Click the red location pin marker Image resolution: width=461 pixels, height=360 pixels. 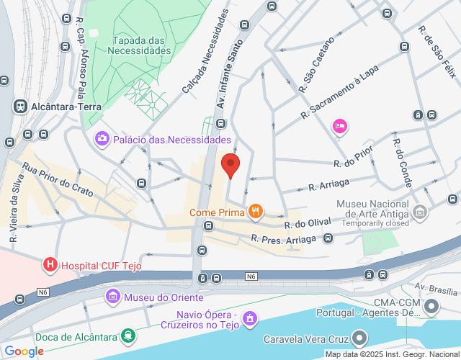230,165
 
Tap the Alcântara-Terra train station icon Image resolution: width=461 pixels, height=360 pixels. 20,106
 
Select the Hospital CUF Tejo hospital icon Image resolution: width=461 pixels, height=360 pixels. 50,265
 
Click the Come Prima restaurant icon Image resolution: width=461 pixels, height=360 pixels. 254,212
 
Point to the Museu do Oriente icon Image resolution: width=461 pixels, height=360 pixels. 112,297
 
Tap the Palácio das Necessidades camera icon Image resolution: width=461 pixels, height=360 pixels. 102,139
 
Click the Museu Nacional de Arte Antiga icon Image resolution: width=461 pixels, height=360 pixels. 421,212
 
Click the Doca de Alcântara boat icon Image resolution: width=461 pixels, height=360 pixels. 128,335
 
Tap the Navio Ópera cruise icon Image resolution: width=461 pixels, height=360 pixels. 249,317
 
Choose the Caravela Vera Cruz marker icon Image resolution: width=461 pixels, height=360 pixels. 359,338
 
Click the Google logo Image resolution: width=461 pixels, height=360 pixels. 24,351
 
